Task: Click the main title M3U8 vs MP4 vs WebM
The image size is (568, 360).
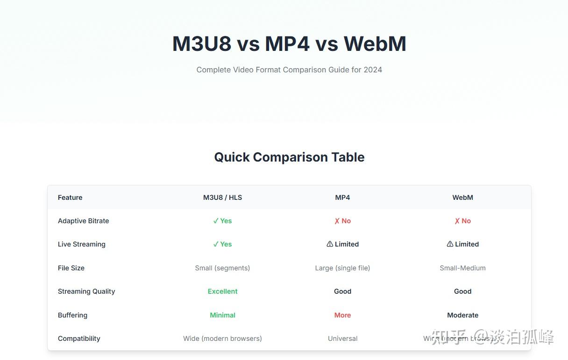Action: [289, 44]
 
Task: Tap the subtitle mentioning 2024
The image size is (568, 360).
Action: [289, 70]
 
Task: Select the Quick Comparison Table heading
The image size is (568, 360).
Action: [289, 157]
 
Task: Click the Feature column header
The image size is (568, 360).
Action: [70, 198]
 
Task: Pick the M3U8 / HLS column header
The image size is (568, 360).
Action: [222, 198]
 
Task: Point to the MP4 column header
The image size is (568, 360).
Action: [342, 198]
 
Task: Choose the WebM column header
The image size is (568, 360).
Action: [462, 198]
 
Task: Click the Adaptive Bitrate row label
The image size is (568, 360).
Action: [83, 221]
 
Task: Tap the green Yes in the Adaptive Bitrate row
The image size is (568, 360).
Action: [222, 221]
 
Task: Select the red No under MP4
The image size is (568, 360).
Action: [342, 221]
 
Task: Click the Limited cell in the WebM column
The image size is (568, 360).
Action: [462, 244]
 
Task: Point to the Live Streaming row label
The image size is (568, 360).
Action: [82, 244]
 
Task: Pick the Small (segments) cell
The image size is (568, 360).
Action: [222, 268]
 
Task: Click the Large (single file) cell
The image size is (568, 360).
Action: [342, 268]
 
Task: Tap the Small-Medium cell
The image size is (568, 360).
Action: [462, 268]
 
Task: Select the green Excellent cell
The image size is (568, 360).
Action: [222, 291]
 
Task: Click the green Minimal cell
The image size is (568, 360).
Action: [222, 315]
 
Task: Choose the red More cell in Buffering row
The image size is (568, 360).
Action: [342, 315]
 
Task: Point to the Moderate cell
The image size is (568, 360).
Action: [462, 315]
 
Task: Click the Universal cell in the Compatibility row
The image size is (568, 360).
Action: [342, 339]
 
